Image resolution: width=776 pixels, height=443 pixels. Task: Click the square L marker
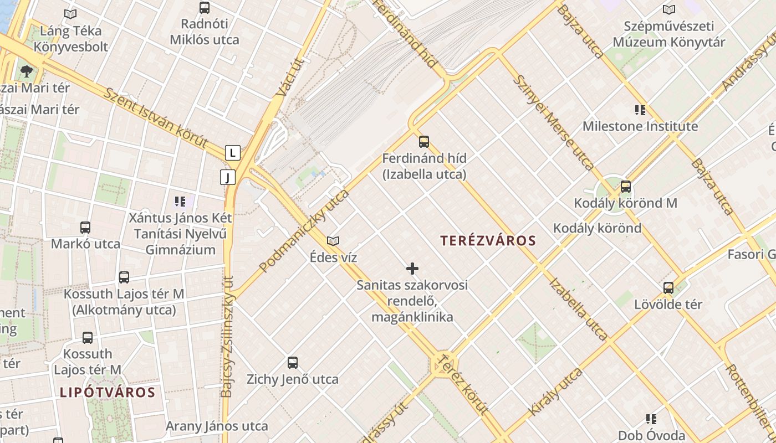pyautogui.click(x=233, y=152)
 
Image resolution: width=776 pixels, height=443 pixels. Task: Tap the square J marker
pyautogui.click(x=228, y=177)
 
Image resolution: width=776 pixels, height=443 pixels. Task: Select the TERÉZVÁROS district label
pyautogui.click(x=488, y=240)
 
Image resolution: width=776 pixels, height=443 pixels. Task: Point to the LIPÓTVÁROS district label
pyautogui.click(x=107, y=393)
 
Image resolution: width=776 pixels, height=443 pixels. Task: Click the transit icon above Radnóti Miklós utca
pyautogui.click(x=205, y=8)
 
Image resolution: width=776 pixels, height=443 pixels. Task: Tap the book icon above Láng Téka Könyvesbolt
pyautogui.click(x=70, y=14)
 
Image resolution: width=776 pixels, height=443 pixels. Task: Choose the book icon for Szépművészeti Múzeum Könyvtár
pyautogui.click(x=669, y=9)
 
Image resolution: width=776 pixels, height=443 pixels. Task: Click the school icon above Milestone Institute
pyautogui.click(x=640, y=110)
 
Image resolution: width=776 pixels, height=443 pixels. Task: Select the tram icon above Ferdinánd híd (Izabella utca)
pyautogui.click(x=424, y=142)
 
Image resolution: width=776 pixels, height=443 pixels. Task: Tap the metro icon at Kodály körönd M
pyautogui.click(x=626, y=187)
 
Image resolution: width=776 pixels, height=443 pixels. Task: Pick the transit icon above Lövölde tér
pyautogui.click(x=668, y=288)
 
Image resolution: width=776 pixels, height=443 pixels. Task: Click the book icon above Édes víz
pyautogui.click(x=333, y=241)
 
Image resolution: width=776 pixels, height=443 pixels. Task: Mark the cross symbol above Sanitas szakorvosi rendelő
pyautogui.click(x=412, y=269)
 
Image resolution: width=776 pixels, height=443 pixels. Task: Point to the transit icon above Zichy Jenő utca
pyautogui.click(x=293, y=363)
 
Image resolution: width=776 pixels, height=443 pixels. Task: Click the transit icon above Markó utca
pyautogui.click(x=85, y=227)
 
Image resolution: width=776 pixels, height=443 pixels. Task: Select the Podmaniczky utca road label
pyautogui.click(x=305, y=230)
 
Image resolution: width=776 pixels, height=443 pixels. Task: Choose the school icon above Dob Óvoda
pyautogui.click(x=651, y=419)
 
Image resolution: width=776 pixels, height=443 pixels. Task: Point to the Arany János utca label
pyautogui.click(x=217, y=426)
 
